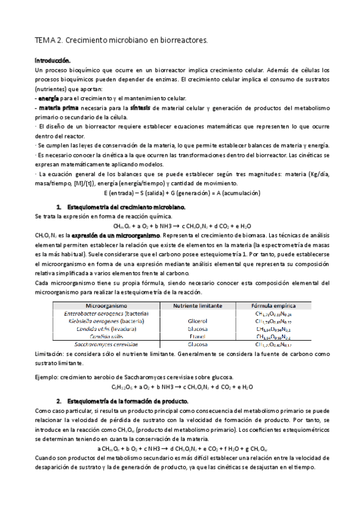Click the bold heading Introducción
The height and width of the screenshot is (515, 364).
pyautogui.click(x=53, y=62)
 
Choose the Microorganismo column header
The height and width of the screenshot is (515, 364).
pyautogui.click(x=107, y=305)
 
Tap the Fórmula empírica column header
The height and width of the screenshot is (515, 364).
pyautogui.click(x=273, y=305)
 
